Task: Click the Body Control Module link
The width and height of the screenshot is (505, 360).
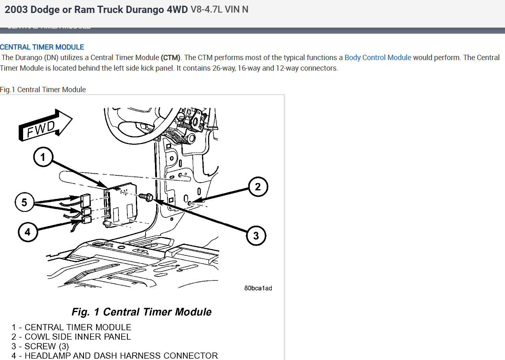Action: [x=378, y=58]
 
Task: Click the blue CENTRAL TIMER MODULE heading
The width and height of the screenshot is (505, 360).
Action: [x=42, y=47]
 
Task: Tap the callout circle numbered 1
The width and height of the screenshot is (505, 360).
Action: [x=43, y=157]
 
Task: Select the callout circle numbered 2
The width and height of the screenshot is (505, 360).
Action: [x=258, y=187]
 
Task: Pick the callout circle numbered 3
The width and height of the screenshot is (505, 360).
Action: [x=256, y=235]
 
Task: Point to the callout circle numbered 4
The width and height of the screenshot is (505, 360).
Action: [x=28, y=232]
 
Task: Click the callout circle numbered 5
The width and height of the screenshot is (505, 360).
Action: [x=25, y=202]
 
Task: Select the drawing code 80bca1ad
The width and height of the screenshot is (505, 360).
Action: [x=258, y=288]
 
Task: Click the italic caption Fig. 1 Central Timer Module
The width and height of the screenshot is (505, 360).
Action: [x=142, y=312]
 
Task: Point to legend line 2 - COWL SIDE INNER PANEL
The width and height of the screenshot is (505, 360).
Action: [x=71, y=337]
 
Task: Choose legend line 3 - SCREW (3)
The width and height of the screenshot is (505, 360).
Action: [x=40, y=346]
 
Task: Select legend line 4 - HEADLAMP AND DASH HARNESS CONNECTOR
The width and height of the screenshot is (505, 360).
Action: [x=115, y=356]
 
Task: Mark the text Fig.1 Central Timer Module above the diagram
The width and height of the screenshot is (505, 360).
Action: [x=43, y=90]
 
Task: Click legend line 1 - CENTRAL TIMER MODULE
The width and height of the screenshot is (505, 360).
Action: [x=71, y=327]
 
